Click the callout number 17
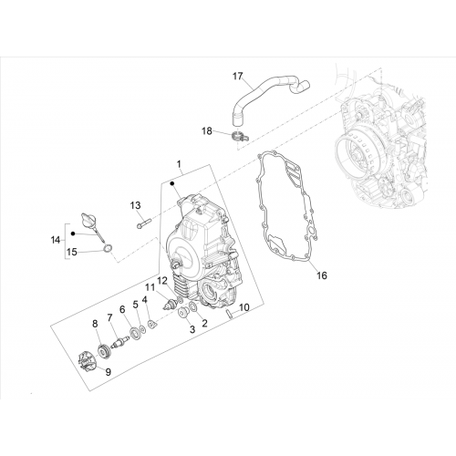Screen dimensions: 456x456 pos(238,76)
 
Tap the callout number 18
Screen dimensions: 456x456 pos(207,131)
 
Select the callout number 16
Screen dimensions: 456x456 pos(322,275)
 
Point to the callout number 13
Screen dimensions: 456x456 pos(136,205)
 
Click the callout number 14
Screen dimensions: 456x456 pos(56,240)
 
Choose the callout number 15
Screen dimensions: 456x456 pos(72,252)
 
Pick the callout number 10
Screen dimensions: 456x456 pos(244,307)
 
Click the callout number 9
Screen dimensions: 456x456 pos(109,372)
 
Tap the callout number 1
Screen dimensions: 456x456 pos(179,164)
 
